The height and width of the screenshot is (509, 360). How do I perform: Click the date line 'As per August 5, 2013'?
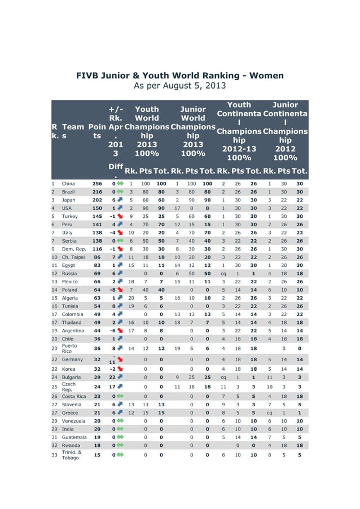pyautogui.click(x=179, y=86)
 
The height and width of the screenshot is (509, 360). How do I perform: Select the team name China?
pyautogui.click(x=68, y=183)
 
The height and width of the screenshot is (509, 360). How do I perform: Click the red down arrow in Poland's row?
pyautogui.click(x=120, y=289)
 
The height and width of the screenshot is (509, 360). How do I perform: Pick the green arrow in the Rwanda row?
pyautogui.click(x=120, y=445)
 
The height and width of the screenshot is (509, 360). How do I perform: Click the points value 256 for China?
pyautogui.click(x=98, y=183)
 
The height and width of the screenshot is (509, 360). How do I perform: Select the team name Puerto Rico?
pyautogui.click(x=69, y=348)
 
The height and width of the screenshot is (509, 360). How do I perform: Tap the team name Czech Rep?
pyautogui.click(x=68, y=387)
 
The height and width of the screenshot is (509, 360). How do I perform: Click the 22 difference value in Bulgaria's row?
pyautogui.click(x=112, y=376)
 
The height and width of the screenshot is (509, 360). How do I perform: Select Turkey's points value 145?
pyautogui.click(x=98, y=216)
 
